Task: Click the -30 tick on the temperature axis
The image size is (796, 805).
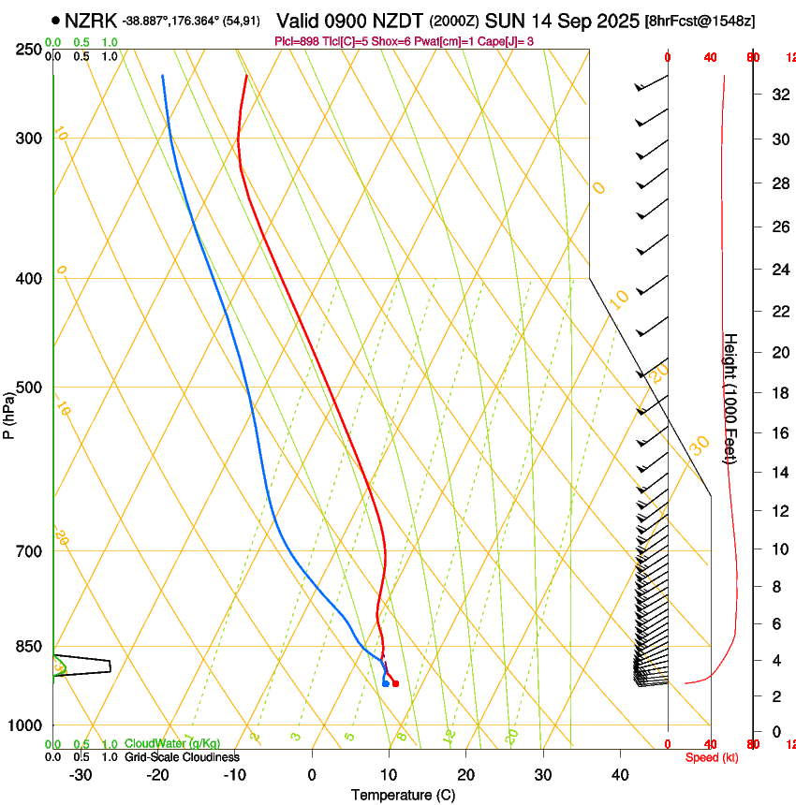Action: [81, 774]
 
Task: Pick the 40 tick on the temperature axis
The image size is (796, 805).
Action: [619, 774]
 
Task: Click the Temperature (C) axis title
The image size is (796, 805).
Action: [403, 796]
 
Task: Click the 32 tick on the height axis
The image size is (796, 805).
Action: [777, 94]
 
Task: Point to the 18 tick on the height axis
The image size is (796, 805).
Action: [777, 393]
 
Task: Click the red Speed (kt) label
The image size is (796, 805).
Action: [712, 757]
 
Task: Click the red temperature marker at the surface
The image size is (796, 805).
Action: [395, 683]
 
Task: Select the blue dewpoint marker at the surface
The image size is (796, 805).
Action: [386, 683]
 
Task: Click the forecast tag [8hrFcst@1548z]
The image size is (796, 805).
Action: [700, 21]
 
